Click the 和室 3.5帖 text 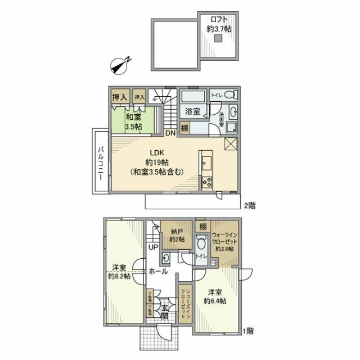(x=133, y=122)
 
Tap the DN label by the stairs (x=170, y=133)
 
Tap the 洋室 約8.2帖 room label (x=120, y=272)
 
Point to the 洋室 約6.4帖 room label (x=214, y=296)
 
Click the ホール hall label (x=158, y=272)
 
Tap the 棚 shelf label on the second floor (x=184, y=128)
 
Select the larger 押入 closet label (x=119, y=97)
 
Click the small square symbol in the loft (x=217, y=38)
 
